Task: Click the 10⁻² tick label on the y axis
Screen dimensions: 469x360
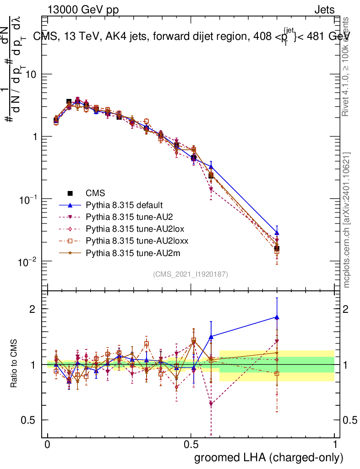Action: [29, 262]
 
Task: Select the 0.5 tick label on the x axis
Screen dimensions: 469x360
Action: [191, 445]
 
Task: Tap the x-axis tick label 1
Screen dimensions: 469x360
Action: [334, 445]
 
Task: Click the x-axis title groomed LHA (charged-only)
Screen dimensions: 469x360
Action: [269, 458]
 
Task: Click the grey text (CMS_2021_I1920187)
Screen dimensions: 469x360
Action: [191, 274]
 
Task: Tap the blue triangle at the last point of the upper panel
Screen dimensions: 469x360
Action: [277, 233]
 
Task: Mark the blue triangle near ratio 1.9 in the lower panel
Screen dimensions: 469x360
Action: [277, 317]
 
